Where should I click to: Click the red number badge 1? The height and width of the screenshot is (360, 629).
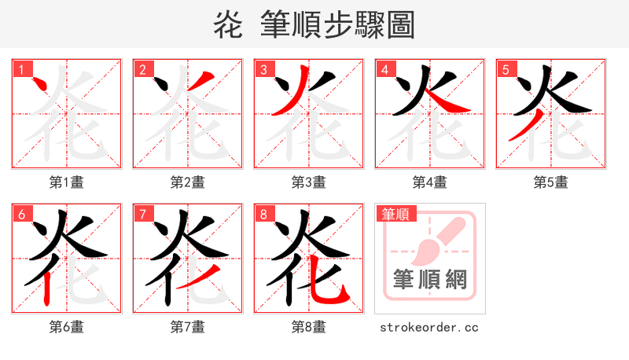coord(20,69)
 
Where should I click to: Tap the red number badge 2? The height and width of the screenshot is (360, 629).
coord(142,69)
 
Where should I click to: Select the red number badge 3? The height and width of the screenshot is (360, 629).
coord(263,69)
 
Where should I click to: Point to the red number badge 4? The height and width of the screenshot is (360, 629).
coord(384,69)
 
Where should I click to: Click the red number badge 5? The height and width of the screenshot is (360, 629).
coord(505,69)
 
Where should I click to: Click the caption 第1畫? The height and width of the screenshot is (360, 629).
coord(66,182)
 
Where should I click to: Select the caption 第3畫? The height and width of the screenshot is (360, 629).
coord(308,182)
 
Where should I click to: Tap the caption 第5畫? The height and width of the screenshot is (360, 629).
coord(550,182)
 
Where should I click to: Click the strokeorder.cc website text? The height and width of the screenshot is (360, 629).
coord(429,327)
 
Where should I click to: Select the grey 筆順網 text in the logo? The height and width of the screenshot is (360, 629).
coord(430,280)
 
